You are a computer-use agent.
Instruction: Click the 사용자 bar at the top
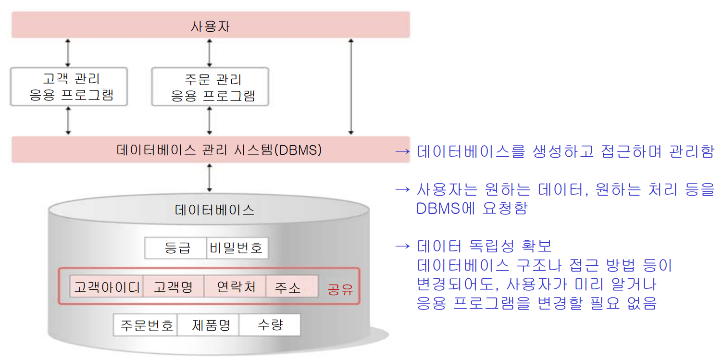[x=211, y=25]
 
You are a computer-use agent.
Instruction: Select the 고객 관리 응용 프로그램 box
[x=69, y=87]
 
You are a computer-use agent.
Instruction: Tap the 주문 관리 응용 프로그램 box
[x=210, y=87]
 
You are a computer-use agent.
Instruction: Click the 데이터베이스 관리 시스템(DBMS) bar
[x=211, y=150]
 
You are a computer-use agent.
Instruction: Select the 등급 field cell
[x=176, y=248]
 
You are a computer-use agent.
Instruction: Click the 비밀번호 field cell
[x=237, y=248]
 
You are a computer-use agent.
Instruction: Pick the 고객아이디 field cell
[x=107, y=287]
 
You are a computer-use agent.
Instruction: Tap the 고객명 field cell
[x=174, y=287]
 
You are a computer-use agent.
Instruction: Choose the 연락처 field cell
[x=235, y=287]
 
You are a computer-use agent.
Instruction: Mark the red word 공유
[x=340, y=289]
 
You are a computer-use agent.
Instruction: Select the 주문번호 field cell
[x=146, y=325]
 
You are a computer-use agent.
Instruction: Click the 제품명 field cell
[x=209, y=325]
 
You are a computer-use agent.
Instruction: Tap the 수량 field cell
[x=270, y=325]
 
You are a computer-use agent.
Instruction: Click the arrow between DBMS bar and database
[x=209, y=177]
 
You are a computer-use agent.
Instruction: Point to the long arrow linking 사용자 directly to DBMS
[x=351, y=87]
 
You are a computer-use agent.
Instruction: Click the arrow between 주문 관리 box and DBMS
[x=209, y=120]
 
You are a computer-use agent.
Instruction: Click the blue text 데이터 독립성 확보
[x=485, y=247]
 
